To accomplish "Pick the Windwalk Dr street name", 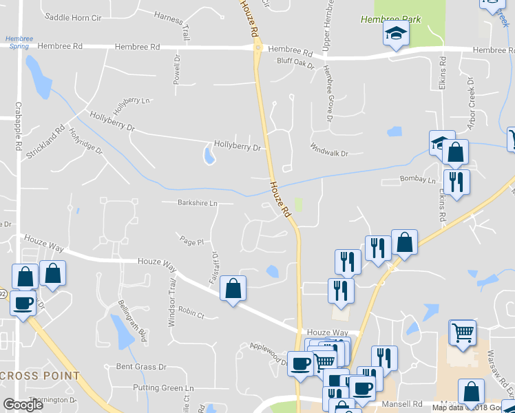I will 329,153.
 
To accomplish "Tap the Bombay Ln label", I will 419,180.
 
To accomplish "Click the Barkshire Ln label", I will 198,203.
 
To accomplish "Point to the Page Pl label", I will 192,242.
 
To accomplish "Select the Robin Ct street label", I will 191,313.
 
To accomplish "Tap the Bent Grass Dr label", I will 141,367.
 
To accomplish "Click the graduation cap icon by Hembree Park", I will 396,34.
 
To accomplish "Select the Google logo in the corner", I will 23,405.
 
